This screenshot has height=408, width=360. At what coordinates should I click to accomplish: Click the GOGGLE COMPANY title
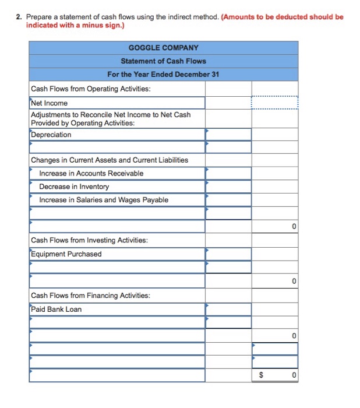pos(163,48)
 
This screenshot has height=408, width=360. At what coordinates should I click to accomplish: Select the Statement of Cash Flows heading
pos(163,61)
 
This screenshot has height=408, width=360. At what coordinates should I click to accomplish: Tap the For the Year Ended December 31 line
pos(163,75)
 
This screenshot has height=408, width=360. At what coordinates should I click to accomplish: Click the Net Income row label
pos(50,103)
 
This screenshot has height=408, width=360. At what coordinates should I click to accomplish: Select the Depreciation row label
pos(51,135)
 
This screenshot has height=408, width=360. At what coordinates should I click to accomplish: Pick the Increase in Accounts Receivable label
pos(91,173)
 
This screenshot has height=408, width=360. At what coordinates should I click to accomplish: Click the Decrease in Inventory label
pos(74,187)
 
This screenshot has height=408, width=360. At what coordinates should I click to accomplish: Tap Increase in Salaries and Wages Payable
pos(104,200)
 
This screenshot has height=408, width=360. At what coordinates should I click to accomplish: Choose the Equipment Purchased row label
pos(66,254)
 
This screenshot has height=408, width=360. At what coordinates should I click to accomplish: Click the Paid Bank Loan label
pos(56,309)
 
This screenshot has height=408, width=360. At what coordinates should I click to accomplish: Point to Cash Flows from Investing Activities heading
pos(89,240)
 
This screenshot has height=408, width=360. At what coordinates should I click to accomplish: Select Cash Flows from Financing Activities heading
pos(90,296)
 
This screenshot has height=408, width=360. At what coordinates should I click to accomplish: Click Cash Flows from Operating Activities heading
pos(90,89)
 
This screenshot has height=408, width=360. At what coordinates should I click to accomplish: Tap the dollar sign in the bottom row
pos(261,376)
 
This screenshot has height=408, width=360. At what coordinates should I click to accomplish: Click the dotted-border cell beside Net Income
pos(274,103)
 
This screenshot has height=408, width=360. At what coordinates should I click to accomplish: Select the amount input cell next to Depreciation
pos(228,135)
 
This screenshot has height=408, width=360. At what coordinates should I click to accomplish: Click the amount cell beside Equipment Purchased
pos(228,254)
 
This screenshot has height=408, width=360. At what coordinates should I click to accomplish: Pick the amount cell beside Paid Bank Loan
pos(228,309)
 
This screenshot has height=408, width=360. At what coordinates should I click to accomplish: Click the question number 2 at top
pos(18,17)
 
